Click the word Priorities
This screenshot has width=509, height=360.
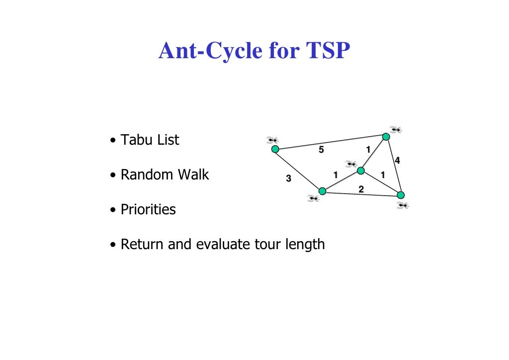tap(148, 210)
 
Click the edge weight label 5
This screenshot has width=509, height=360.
tap(321, 150)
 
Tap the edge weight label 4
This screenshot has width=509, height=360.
tap(397, 160)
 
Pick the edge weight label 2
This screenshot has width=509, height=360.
tap(361, 189)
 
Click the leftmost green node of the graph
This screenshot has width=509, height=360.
tap(275, 149)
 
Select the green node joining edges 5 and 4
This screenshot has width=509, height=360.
tap(386, 136)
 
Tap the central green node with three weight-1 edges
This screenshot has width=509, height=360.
tap(361, 171)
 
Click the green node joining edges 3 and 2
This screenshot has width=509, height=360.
tap(322, 191)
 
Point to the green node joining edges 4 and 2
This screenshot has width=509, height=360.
tap(401, 195)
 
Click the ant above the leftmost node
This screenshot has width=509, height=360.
tap(272, 140)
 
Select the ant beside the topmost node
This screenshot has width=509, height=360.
tap(396, 130)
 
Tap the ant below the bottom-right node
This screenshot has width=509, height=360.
tap(403, 205)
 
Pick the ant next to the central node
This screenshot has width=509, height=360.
tap(351, 164)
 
